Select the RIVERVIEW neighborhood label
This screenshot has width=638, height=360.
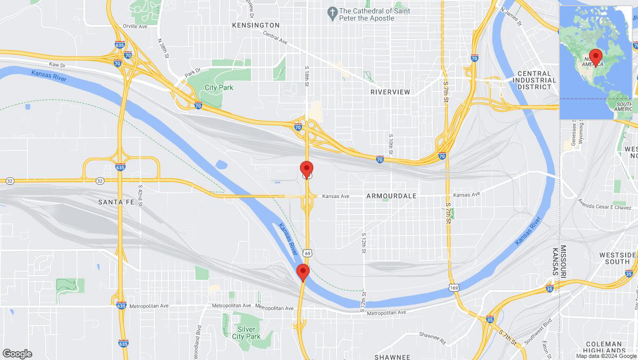click(391, 92)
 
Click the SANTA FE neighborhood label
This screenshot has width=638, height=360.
click(116, 203)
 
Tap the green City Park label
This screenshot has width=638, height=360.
click(219, 88)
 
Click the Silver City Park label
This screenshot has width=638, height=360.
click(246, 333)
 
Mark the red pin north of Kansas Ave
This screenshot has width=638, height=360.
click(307, 169)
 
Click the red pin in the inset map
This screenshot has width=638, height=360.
click(596, 57)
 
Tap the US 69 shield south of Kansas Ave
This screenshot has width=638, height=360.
click(307, 253)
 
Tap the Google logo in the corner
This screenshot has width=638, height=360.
click(17, 354)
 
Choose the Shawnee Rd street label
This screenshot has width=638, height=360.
click(432, 337)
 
